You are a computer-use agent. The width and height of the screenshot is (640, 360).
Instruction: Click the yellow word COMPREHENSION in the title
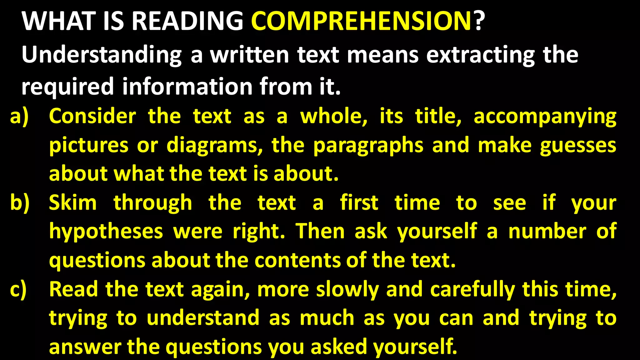click(x=361, y=21)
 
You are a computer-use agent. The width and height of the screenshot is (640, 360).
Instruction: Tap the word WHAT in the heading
click(x=59, y=21)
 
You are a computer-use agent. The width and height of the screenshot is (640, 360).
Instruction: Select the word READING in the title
click(x=187, y=21)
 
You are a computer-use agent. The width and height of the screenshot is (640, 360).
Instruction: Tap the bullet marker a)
click(x=19, y=117)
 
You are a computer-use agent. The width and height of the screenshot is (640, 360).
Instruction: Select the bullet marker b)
click(x=20, y=203)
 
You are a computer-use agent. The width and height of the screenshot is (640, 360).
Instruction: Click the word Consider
click(x=92, y=117)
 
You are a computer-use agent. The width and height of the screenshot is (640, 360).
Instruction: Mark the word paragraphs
click(x=368, y=146)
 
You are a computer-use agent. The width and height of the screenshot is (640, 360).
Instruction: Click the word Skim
click(x=73, y=203)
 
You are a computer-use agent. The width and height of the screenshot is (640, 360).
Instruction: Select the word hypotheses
click(x=106, y=232)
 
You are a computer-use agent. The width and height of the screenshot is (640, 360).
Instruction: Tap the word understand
click(x=203, y=318)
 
